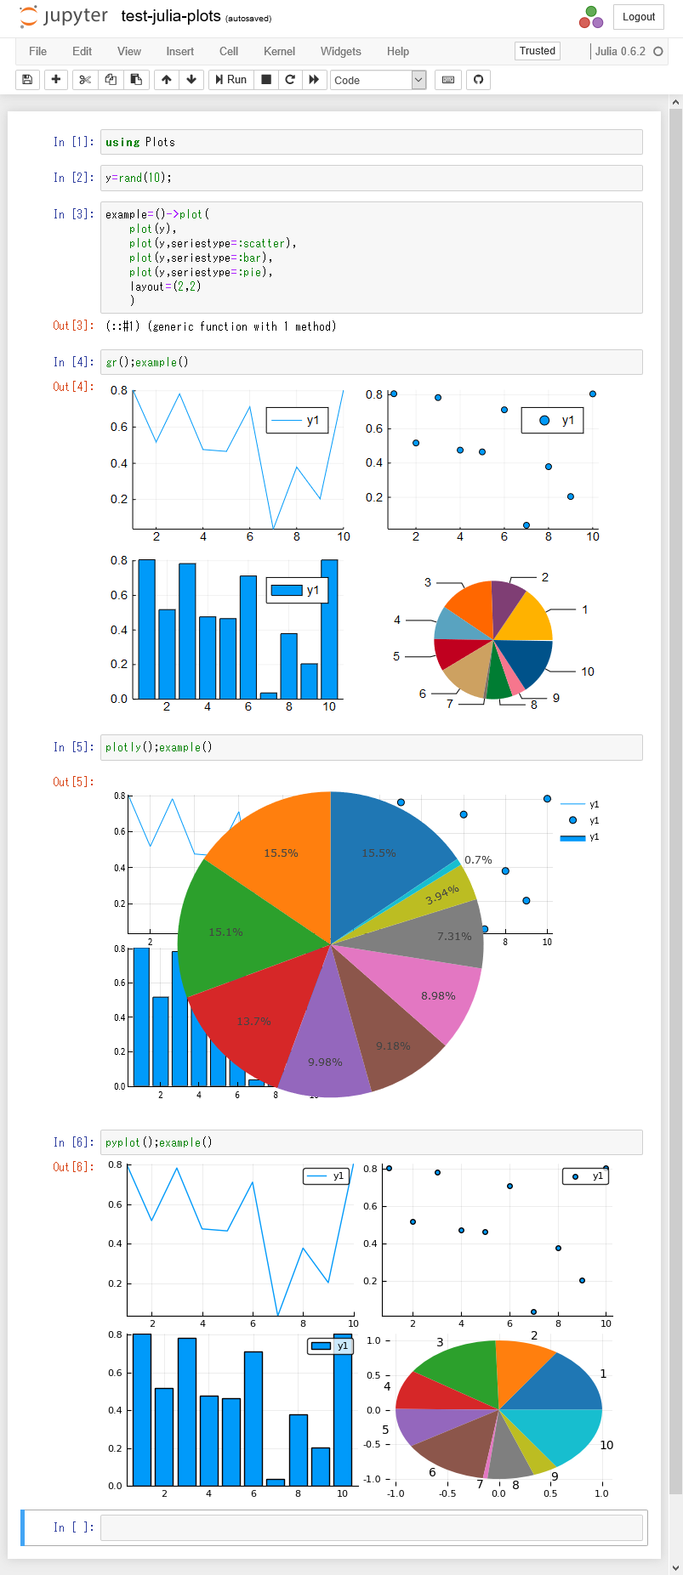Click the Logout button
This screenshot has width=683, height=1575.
click(638, 16)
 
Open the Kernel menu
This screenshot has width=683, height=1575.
click(279, 51)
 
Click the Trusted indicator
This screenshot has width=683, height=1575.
click(537, 51)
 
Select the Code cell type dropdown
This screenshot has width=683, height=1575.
click(378, 80)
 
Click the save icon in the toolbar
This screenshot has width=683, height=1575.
click(27, 80)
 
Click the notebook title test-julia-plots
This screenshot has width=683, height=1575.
click(170, 16)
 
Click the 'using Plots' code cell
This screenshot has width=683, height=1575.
click(371, 142)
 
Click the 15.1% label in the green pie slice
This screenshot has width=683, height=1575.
click(225, 932)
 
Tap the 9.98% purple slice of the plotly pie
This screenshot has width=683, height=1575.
click(325, 1062)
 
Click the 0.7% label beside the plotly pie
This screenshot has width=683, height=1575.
click(478, 859)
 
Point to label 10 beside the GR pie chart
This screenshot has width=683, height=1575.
click(588, 671)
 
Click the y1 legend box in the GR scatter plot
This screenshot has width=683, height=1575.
click(553, 420)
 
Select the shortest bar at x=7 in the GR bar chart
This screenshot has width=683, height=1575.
click(269, 695)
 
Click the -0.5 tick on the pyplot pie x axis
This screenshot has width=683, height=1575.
click(447, 1493)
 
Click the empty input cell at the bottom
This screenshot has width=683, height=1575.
click(371, 1527)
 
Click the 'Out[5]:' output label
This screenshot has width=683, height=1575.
click(73, 782)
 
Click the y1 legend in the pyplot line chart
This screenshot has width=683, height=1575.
click(327, 1176)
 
